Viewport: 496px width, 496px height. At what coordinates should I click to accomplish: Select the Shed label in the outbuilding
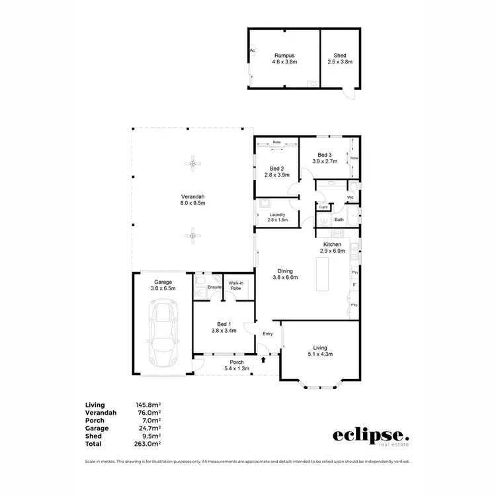tap(340, 56)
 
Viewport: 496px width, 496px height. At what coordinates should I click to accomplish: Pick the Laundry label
tap(277, 214)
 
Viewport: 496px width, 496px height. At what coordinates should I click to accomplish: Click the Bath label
tap(339, 220)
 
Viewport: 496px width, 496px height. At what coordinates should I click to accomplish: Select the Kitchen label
tap(333, 244)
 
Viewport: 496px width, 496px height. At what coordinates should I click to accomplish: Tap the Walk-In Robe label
tap(236, 286)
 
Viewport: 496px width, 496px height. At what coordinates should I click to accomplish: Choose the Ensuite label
tap(214, 287)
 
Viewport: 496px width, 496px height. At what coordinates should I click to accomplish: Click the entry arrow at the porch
tap(264, 360)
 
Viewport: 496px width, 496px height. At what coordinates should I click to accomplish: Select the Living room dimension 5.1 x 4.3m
tap(320, 354)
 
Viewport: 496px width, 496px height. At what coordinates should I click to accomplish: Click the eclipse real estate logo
tap(370, 436)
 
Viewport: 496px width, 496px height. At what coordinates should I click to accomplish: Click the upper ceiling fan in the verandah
tap(192, 164)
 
